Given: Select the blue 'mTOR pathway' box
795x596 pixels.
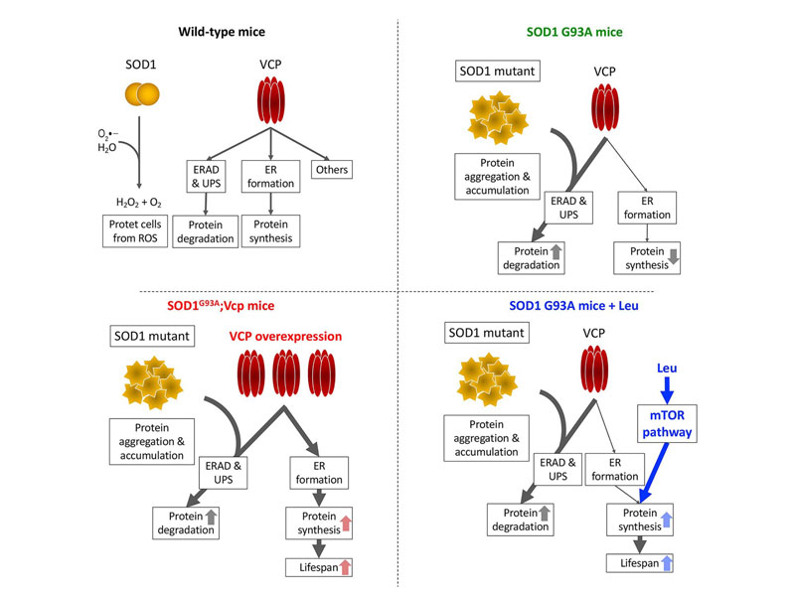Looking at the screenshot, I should tap(668, 423).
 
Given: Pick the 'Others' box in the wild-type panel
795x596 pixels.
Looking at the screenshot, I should tap(331, 170).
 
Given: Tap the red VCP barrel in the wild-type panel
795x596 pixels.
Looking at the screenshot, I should tap(271, 100).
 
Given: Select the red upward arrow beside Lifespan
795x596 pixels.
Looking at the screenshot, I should tap(345, 567).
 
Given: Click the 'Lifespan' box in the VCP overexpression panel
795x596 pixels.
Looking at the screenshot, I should tap(318, 567).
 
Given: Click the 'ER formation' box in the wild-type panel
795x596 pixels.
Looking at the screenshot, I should tap(270, 177).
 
